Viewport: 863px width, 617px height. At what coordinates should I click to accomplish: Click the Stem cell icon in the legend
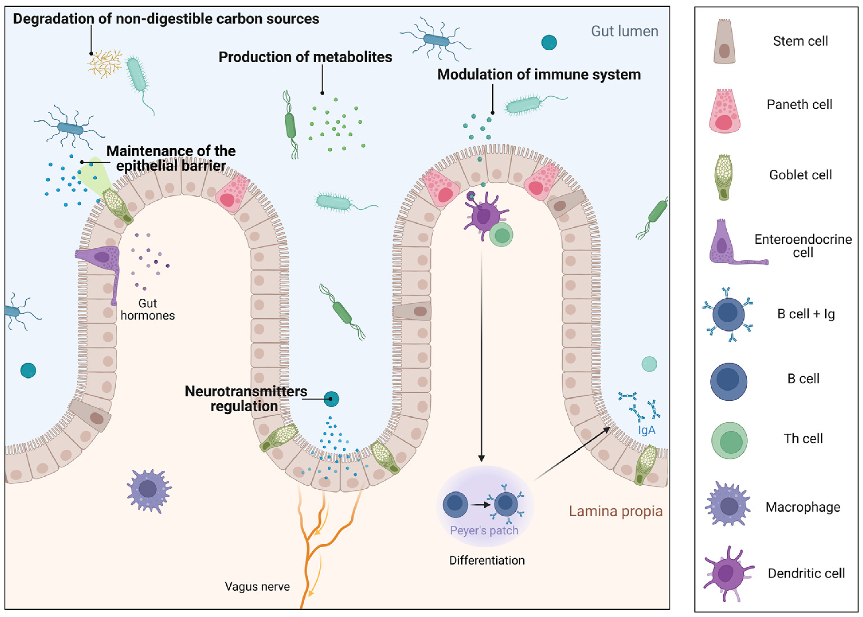pyautogui.click(x=724, y=42)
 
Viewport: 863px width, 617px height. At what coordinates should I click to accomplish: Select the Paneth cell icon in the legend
pyautogui.click(x=724, y=111)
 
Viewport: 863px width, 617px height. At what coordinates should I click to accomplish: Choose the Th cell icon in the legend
pyautogui.click(x=729, y=441)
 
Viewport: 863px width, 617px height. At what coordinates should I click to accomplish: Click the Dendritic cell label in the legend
pyautogui.click(x=806, y=573)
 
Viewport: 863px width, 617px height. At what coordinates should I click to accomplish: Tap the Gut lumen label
pyautogui.click(x=624, y=31)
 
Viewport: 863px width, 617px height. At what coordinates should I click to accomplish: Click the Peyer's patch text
pyautogui.click(x=484, y=530)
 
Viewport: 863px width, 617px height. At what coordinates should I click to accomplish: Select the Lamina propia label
pyautogui.click(x=615, y=511)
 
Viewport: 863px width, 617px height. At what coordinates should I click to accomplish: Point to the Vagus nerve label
pyautogui.click(x=257, y=587)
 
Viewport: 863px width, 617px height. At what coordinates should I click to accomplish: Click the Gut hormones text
pyautogui.click(x=147, y=309)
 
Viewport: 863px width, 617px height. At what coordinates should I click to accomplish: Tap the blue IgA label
pyautogui.click(x=646, y=430)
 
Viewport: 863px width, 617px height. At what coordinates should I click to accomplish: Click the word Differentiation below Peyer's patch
pyautogui.click(x=486, y=560)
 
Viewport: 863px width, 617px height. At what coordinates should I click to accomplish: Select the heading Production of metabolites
pyautogui.click(x=305, y=57)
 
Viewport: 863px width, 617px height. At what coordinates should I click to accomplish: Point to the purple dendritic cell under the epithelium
pyautogui.click(x=483, y=216)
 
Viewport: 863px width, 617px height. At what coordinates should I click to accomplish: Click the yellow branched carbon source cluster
pyautogui.click(x=105, y=64)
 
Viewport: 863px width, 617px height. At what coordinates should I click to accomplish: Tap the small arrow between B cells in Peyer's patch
pyautogui.click(x=480, y=505)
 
